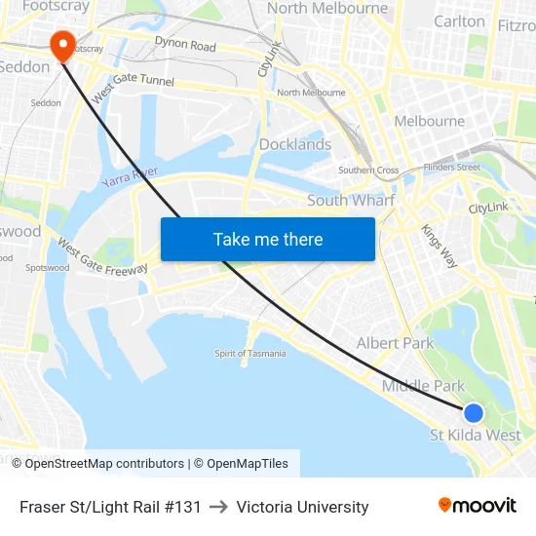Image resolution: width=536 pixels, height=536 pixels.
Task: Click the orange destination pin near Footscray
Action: point(61,44)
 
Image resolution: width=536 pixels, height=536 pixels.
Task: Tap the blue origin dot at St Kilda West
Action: point(473,413)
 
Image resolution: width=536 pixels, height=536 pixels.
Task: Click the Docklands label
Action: point(295,144)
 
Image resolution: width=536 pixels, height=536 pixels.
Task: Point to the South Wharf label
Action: point(351,200)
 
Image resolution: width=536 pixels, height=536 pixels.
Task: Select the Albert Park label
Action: point(395,343)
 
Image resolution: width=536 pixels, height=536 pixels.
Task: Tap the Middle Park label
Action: point(423,386)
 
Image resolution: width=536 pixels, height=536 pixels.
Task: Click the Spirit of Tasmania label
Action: point(250,353)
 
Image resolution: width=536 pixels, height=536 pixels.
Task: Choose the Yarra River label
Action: point(130,176)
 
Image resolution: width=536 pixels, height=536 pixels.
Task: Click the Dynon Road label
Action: point(185,45)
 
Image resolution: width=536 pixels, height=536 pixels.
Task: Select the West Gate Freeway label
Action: point(102,255)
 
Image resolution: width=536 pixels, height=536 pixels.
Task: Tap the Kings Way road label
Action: point(439,244)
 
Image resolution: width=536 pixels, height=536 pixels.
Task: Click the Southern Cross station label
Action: point(368,171)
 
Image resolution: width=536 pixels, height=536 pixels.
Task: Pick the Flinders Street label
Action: point(452,167)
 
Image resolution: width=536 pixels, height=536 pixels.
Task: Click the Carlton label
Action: point(459,21)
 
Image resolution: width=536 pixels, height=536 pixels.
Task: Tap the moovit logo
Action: point(478,505)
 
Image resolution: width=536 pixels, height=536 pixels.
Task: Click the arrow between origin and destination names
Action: point(218,507)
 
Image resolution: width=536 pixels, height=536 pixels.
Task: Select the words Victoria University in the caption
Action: point(302,507)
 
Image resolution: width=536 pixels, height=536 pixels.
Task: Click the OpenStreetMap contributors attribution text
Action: point(104,464)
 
